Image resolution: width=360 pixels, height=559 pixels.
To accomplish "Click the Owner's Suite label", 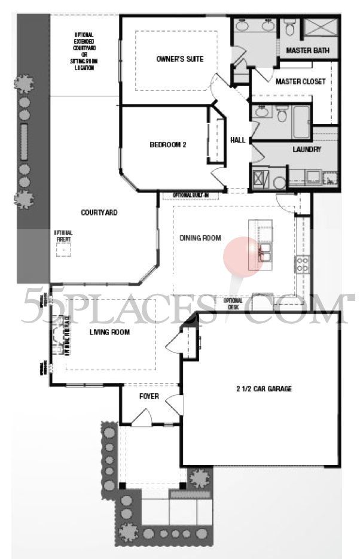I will click(179, 59).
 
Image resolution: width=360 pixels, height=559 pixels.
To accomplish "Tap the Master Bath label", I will click(307, 51).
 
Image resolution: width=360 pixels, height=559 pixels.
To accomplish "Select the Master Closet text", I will click(301, 81).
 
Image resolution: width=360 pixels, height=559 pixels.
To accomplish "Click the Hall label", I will click(238, 140).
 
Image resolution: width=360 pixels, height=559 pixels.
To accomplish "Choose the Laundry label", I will click(307, 150).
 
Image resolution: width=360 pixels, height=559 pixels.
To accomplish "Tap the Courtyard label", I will click(99, 212).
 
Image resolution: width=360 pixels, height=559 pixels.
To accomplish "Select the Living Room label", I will click(109, 332).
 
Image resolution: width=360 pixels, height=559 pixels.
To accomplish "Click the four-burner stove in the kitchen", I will click(303, 264).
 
